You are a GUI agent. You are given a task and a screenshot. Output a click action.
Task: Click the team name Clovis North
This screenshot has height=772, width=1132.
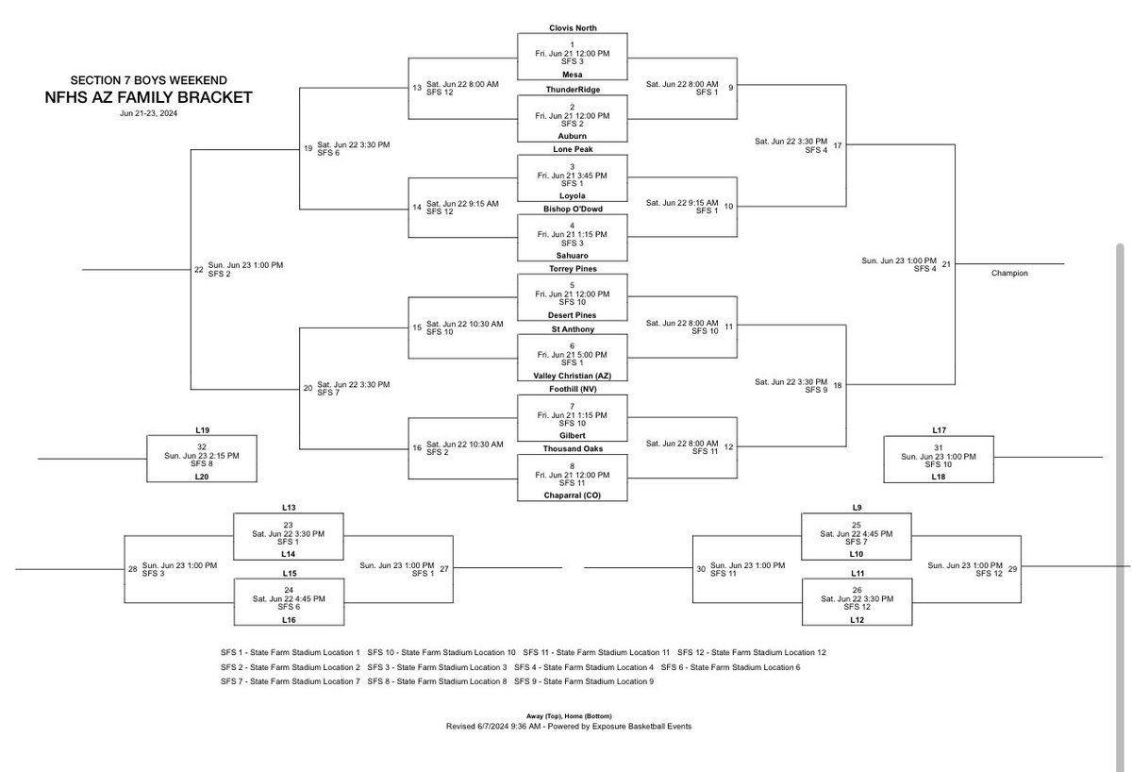(x=573, y=28)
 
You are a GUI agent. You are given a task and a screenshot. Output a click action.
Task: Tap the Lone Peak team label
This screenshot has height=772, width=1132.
(x=573, y=149)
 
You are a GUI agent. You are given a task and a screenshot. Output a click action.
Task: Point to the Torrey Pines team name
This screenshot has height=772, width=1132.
(x=573, y=269)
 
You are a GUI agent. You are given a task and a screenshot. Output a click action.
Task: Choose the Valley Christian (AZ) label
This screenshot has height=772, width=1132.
(x=573, y=375)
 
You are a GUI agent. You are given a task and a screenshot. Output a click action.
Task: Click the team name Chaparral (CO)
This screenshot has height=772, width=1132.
(x=573, y=495)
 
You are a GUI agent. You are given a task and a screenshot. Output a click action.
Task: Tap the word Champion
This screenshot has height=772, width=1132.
(x=1009, y=273)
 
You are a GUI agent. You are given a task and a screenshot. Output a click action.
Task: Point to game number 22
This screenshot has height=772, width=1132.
(x=198, y=270)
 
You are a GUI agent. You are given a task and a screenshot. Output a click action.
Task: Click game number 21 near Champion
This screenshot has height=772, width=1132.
(x=945, y=264)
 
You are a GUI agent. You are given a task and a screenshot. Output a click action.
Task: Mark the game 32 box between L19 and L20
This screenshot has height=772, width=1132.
(x=201, y=457)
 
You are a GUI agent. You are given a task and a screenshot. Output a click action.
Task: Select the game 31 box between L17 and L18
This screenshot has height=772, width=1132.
(x=938, y=457)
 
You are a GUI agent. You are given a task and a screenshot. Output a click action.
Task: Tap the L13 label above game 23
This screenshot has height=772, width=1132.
(x=289, y=507)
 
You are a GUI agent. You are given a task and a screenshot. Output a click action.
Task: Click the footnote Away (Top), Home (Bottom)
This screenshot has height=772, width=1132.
(x=573, y=716)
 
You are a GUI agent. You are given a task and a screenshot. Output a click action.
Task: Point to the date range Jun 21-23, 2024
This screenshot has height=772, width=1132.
(x=149, y=113)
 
